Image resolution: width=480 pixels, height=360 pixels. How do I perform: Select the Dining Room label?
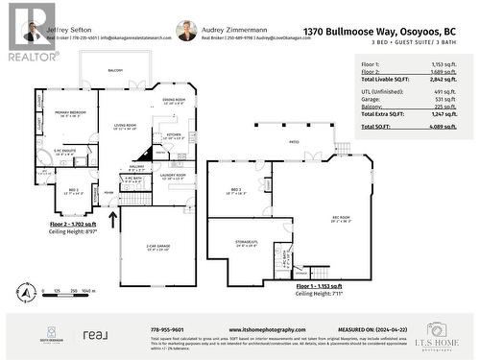point(173,101)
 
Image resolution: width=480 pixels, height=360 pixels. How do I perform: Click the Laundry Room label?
point(173,176)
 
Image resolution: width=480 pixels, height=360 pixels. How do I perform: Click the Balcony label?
point(116,70)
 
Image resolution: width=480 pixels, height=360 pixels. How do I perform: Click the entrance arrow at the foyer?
point(114,218)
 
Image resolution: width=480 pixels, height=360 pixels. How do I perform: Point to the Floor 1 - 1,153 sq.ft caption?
point(317,287)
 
